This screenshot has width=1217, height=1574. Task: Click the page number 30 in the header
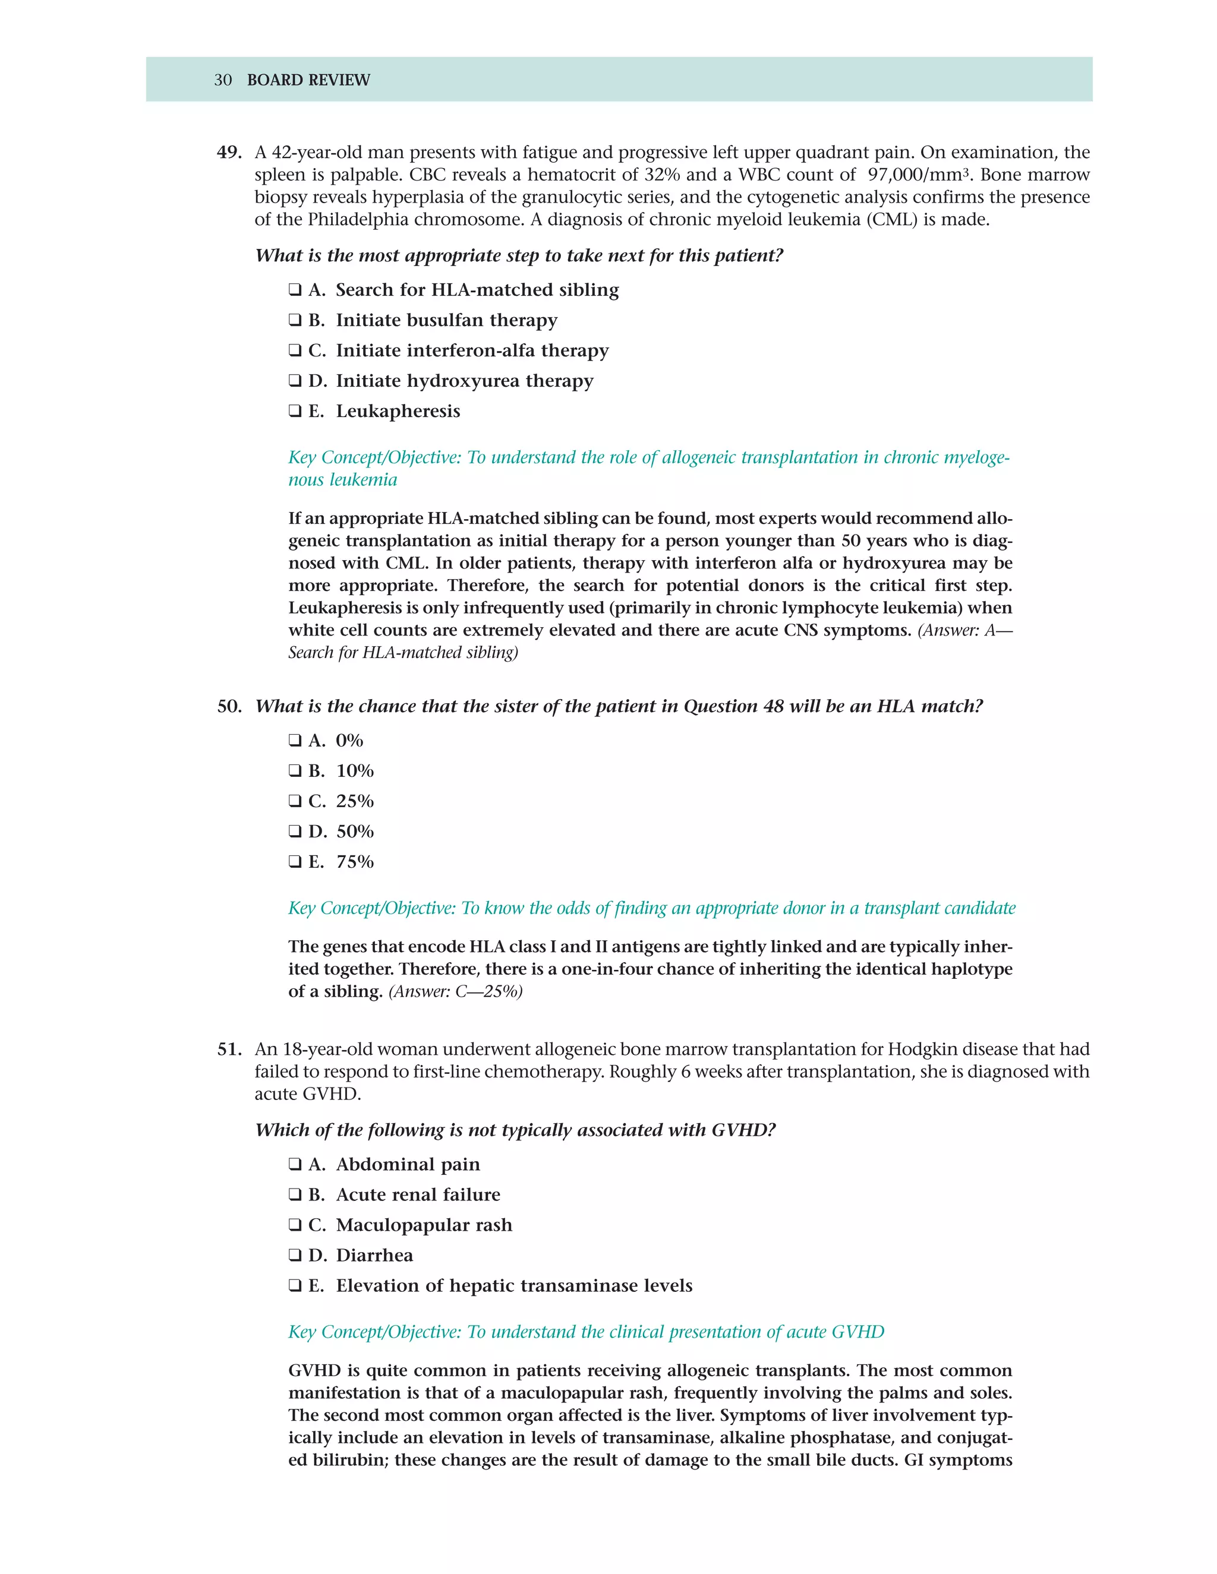coord(223,80)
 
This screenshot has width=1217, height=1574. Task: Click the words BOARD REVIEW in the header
coord(308,80)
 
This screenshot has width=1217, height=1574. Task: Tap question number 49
coord(229,153)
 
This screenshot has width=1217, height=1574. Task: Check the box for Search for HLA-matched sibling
coord(295,290)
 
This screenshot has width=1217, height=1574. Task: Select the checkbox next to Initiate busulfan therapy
coord(295,320)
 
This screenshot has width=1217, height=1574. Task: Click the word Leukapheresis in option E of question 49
coord(398,412)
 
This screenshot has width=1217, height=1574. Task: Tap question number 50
coord(229,706)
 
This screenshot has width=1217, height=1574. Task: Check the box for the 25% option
coord(295,801)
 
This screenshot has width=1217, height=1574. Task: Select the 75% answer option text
coord(355,862)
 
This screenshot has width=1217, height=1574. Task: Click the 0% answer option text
coord(349,741)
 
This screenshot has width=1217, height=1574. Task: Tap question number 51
coord(229,1050)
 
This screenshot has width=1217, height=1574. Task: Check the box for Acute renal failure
coord(295,1195)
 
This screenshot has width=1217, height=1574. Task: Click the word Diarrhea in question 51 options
coord(374,1256)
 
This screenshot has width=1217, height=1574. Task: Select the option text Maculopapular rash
coord(423,1225)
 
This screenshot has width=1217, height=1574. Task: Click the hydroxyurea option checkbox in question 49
coord(295,381)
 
